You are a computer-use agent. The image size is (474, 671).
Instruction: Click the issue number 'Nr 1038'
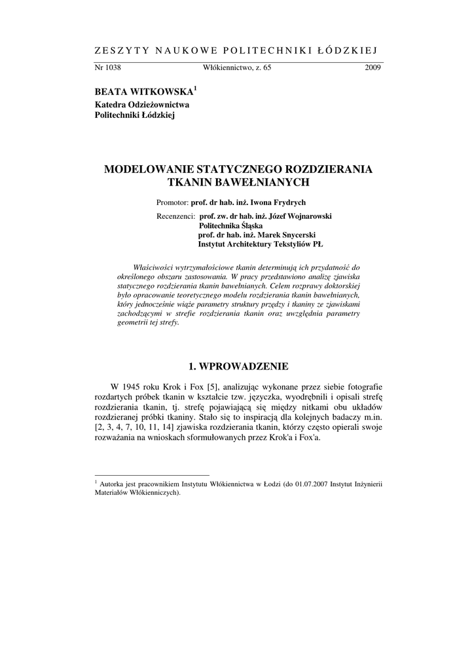(x=109, y=67)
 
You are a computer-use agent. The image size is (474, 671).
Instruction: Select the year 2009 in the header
(x=373, y=67)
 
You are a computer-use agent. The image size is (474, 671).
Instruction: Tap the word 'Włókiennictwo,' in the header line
(x=226, y=67)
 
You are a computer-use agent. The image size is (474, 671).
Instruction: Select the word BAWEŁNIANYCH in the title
(x=262, y=182)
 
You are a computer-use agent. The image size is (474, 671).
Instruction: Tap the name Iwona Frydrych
(x=287, y=202)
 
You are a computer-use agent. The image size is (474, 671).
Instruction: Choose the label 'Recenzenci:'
(x=176, y=216)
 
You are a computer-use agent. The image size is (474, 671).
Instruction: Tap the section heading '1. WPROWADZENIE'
(x=237, y=365)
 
